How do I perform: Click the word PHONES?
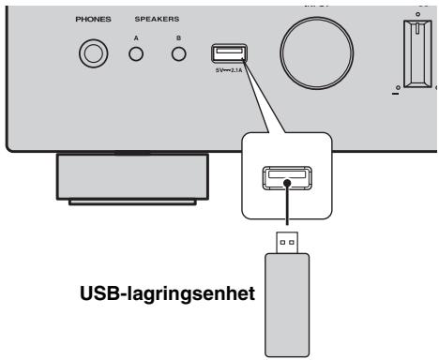click(93, 18)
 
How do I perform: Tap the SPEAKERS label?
click(158, 18)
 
